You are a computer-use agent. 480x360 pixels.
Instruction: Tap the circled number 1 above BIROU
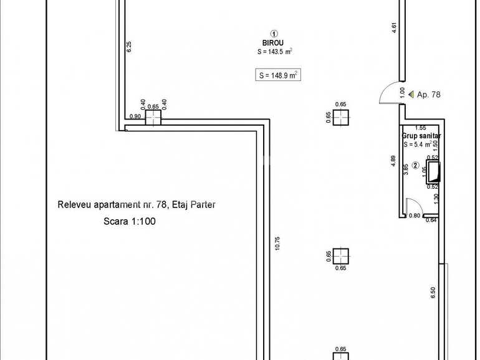(x=274, y=34)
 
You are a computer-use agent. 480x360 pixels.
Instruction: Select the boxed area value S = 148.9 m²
(x=279, y=75)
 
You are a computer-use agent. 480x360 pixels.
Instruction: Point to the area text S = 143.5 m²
(x=275, y=52)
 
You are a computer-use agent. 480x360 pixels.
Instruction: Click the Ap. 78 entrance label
(x=428, y=95)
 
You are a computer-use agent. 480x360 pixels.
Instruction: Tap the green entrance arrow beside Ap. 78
(x=410, y=95)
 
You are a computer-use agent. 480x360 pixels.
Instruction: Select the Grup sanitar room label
(x=421, y=135)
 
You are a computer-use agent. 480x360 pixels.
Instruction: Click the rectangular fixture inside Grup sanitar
(x=434, y=171)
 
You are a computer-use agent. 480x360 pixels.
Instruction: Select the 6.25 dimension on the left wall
(x=129, y=47)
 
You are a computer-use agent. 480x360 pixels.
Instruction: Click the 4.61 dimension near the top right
(x=394, y=28)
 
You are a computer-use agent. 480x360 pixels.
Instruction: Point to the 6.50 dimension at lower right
(x=432, y=293)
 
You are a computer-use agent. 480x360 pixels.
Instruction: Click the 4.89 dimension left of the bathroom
(x=393, y=160)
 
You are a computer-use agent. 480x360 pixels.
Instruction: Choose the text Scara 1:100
(x=130, y=220)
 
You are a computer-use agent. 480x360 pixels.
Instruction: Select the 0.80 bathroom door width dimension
(x=414, y=216)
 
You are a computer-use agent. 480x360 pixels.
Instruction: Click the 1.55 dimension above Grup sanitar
(x=420, y=128)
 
